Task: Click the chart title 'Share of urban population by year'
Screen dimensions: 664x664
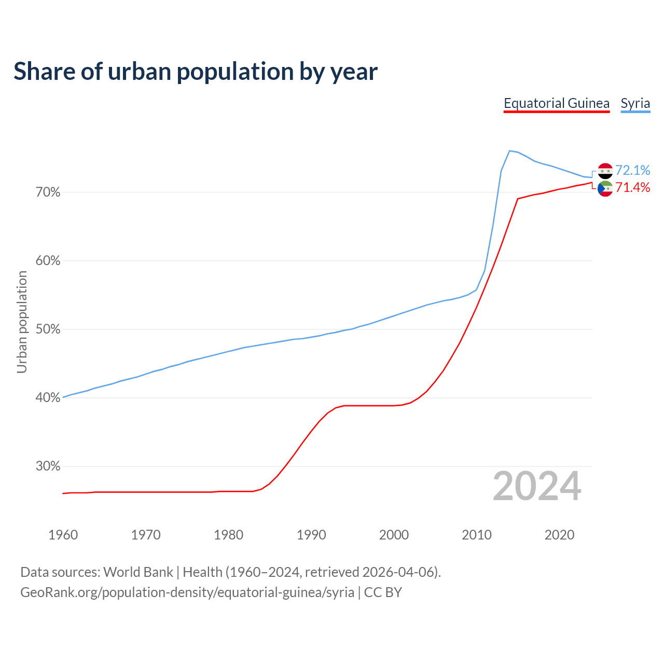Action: [x=195, y=72]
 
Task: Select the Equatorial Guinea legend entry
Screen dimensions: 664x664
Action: [x=556, y=103]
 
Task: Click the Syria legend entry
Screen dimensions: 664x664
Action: [x=635, y=103]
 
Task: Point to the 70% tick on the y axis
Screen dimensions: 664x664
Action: [x=48, y=192]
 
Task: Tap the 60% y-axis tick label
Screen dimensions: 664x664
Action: [x=48, y=261]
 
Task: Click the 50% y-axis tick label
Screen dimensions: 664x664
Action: [x=48, y=329]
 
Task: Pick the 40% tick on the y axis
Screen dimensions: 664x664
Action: [x=48, y=398]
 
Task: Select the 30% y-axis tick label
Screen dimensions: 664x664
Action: [x=48, y=466]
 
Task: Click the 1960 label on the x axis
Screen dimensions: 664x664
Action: [x=63, y=535]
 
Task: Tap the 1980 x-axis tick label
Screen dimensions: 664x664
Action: [x=228, y=535]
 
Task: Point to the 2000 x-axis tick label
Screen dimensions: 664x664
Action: [x=394, y=535]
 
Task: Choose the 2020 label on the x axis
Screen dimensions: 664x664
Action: [x=559, y=535]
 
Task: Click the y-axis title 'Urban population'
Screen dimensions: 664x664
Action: [x=22, y=322]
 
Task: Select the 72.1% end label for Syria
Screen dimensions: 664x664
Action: [x=632, y=170]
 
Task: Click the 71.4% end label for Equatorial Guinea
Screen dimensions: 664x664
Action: [x=632, y=187]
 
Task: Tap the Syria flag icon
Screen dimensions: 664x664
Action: [x=605, y=171]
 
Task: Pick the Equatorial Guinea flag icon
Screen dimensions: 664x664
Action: [x=605, y=189]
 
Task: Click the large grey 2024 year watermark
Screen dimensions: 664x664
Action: [x=536, y=486]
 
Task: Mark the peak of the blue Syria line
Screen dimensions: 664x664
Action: [x=509, y=151]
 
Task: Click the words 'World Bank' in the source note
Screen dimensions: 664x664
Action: [x=138, y=572]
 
